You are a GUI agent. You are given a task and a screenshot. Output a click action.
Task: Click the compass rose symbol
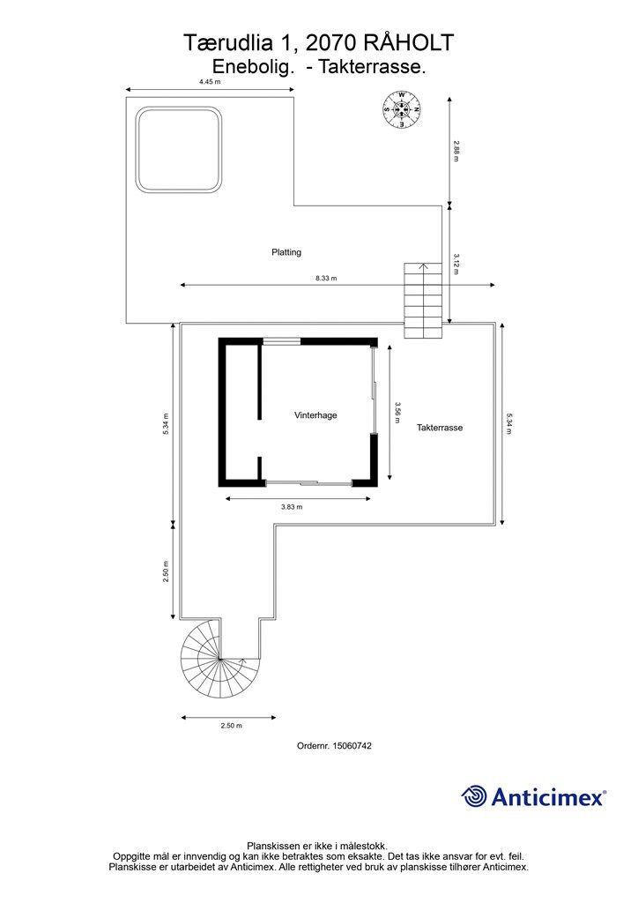402,109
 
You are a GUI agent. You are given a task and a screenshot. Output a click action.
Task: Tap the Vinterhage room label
315,415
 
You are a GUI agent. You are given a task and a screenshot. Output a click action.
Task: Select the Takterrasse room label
440,428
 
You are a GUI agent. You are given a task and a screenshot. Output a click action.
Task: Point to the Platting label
286,252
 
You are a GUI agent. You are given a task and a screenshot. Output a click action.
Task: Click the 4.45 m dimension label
209,82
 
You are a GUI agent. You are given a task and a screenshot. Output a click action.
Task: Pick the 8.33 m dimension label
327,278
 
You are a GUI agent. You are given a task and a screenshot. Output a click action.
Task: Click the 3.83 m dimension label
292,507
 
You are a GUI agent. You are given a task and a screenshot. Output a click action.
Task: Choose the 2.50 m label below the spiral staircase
231,725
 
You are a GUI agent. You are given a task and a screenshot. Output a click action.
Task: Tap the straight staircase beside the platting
422,300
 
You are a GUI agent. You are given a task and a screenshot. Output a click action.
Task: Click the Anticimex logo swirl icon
474,796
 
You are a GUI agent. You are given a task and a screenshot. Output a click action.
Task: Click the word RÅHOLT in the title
406,42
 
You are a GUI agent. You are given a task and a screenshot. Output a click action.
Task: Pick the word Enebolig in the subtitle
253,66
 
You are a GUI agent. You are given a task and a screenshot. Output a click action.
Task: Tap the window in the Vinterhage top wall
282,341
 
